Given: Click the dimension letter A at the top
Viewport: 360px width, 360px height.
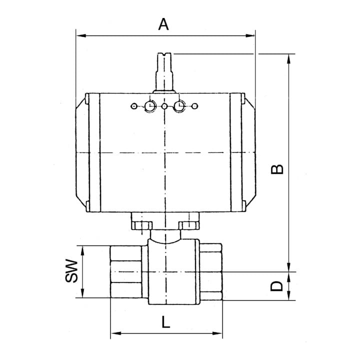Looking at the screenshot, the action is pos(163,24).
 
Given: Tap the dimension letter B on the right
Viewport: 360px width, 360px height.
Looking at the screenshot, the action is pos(277,169).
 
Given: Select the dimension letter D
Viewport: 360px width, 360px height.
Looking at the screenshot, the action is pos(276,286).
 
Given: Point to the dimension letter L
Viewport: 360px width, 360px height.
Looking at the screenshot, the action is pos(166,322).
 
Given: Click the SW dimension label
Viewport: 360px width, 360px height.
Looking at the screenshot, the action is pos(71,271).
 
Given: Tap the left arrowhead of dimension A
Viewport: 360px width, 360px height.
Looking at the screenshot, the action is pos(81,35).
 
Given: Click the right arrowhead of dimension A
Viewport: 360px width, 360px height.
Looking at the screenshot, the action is pos(250,35).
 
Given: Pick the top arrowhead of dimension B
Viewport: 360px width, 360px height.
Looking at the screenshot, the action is pos(289,59).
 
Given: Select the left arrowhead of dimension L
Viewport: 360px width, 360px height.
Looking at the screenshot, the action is pos(115,333).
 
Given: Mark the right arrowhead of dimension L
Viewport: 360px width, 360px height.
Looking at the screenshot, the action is pos(217,333).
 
